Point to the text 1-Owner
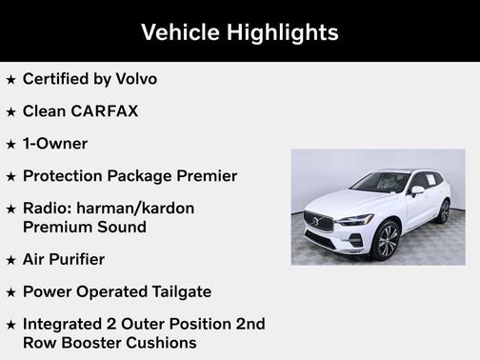point(55,144)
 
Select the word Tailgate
point(176,291)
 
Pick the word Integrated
point(66,324)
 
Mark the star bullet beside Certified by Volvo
point(10,80)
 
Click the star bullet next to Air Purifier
point(10,260)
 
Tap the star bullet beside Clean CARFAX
point(10,112)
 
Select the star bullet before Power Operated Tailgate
point(10,292)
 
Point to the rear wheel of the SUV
point(444,211)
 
